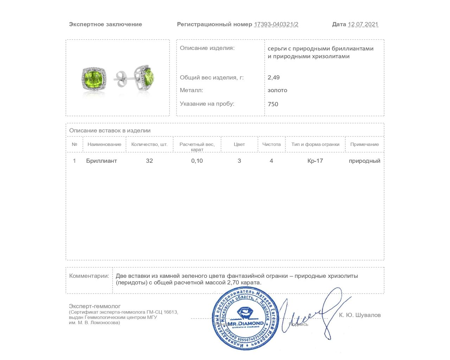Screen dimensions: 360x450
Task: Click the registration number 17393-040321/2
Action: [276, 24]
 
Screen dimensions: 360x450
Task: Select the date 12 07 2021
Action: [363, 24]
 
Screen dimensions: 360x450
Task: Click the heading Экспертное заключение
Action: [105, 24]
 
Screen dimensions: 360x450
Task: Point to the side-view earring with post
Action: [137, 77]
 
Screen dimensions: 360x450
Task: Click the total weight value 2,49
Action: [274, 77]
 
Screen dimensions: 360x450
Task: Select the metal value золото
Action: [277, 90]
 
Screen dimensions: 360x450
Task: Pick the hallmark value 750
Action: [273, 104]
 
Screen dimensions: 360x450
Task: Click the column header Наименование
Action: [104, 144]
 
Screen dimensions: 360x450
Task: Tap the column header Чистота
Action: [271, 144]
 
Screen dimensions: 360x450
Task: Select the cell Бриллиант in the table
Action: [101, 161]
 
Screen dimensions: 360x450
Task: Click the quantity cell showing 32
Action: [149, 161]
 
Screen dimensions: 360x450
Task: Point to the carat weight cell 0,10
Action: [197, 161]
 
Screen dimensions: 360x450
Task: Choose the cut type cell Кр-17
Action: [315, 161]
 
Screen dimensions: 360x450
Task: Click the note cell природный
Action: [365, 161]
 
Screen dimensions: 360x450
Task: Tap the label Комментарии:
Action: [89, 276]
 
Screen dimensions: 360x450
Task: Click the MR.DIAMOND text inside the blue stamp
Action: [245, 323]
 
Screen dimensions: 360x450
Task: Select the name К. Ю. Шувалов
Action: [360, 315]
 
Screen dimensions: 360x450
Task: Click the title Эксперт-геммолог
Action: [95, 306]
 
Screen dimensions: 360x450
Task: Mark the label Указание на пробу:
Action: [207, 104]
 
